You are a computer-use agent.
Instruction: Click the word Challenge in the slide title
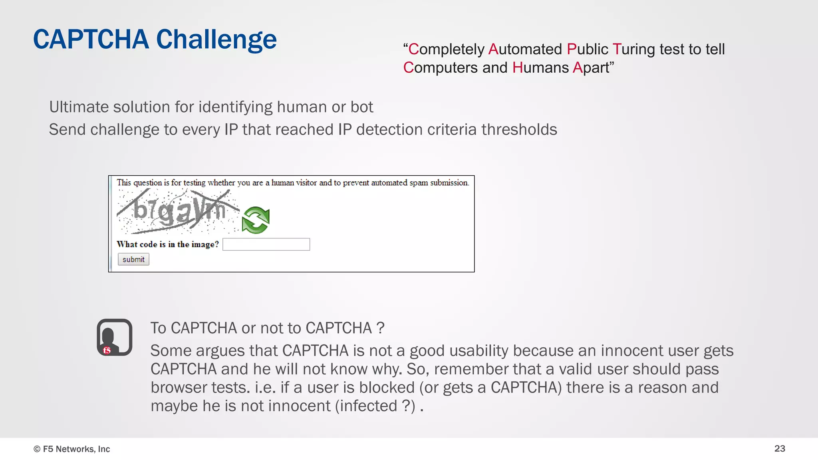pos(216,40)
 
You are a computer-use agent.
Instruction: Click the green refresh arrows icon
pos(256,220)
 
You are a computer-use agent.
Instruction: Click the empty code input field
pos(266,244)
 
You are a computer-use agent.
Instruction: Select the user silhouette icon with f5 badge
pos(114,337)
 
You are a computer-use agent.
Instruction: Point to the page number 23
pos(780,448)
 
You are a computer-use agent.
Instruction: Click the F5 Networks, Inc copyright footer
pos(72,449)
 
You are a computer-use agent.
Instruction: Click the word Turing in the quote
pos(634,49)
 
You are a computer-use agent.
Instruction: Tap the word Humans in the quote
pos(540,67)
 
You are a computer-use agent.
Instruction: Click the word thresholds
pos(519,130)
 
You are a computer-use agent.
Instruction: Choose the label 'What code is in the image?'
pos(168,244)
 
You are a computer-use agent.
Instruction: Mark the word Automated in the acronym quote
pos(525,49)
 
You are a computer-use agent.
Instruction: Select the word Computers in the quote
pos(440,67)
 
